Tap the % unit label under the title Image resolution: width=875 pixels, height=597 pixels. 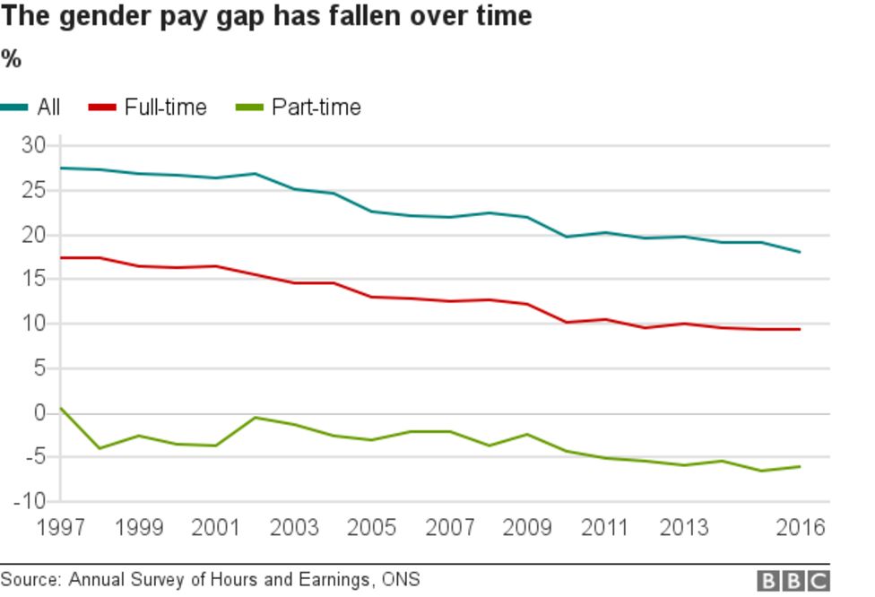coord(11,60)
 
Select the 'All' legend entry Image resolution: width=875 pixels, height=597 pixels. coord(48,108)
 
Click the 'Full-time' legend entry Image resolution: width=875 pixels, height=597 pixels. coord(165,108)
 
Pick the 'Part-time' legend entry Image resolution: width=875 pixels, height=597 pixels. coord(316,108)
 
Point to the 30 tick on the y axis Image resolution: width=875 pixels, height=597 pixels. coord(33,146)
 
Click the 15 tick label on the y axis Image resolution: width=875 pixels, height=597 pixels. coord(33,279)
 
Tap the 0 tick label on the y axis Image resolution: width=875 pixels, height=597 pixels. coord(39,413)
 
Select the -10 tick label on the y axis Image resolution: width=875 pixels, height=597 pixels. coord(28,501)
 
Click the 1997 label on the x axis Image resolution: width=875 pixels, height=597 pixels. coord(61,528)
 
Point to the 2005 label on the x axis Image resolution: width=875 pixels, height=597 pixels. coord(372,528)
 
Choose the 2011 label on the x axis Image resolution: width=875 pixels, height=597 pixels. coord(605,528)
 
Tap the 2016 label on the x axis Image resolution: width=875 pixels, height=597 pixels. coord(799,528)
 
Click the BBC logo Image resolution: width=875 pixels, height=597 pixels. coord(793,581)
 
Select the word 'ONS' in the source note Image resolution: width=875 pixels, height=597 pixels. coord(401,580)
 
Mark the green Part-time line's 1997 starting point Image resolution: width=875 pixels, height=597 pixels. coord(61,408)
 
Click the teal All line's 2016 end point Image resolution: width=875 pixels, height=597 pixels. coord(800,252)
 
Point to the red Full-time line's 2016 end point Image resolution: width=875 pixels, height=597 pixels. coord(800,329)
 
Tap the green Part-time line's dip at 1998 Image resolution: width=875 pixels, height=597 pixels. coord(100,448)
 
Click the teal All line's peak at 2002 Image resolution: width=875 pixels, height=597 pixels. coord(256,173)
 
